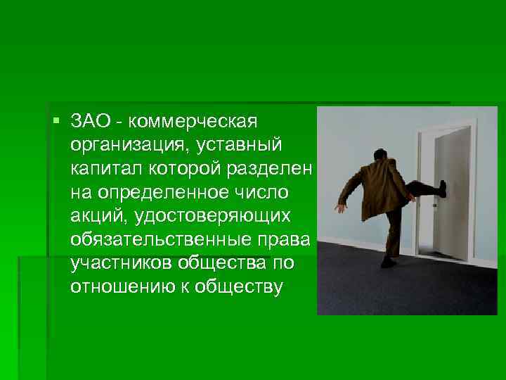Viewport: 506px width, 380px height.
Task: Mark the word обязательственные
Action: (171, 240)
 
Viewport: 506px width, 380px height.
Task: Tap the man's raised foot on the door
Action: (442, 188)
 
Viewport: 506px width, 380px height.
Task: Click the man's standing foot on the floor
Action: (387, 263)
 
